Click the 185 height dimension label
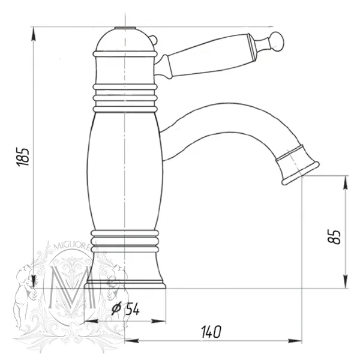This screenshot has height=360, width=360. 23,157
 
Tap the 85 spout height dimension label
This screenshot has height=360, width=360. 334,236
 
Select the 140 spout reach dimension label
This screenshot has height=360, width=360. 211,332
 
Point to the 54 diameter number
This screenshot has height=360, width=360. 133,309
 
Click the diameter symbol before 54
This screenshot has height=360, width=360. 116,309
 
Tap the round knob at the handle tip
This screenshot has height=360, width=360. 277,41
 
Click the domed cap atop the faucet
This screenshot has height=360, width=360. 125,40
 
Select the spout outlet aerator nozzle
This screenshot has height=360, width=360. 298,165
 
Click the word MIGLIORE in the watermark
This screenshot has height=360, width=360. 71,247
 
